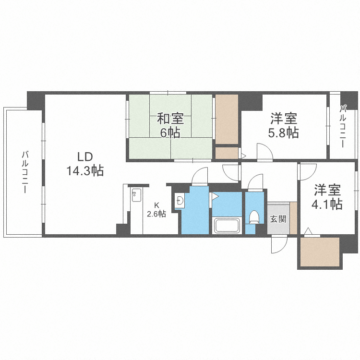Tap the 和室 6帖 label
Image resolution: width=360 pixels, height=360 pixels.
click(169, 125)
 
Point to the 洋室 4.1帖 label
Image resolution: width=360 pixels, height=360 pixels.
click(328, 197)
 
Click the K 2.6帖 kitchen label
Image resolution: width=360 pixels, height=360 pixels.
click(156, 210)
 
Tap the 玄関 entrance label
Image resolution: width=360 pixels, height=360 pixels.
click(278, 219)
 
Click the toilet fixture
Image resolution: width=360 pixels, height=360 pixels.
click(254, 217)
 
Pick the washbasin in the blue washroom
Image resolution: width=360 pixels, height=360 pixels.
click(180, 201)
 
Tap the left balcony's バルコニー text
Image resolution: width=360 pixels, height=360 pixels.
click(24, 172)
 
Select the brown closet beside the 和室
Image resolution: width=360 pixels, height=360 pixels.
click(227, 119)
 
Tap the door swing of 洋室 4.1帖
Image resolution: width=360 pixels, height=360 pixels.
click(308, 171)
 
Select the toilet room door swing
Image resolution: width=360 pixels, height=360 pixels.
click(255, 182)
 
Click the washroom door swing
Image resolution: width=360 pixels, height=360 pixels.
click(199, 176)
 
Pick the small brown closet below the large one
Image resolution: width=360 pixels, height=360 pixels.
click(227, 153)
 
